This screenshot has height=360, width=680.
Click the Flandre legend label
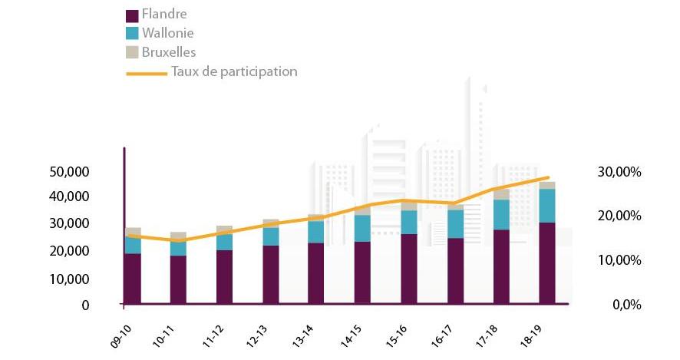(165, 15)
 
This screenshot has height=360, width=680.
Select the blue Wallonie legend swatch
(131, 34)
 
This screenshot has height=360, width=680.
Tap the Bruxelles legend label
(169, 52)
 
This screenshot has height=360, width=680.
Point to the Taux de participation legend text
(234, 71)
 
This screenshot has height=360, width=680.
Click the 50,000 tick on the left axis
(69, 171)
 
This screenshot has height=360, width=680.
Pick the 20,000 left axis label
(69, 251)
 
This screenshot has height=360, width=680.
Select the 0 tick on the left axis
(85, 305)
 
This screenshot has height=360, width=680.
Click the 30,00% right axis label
(619, 171)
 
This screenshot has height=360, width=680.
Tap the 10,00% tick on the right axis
(619, 260)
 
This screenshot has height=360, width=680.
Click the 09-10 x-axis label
(120, 339)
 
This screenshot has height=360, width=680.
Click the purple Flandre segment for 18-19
(547, 263)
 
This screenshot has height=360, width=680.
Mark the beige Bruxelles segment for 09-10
(132, 232)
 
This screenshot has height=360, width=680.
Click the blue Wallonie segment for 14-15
(362, 228)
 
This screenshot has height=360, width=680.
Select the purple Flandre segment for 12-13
(270, 275)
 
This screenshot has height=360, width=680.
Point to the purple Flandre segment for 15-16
(409, 269)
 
